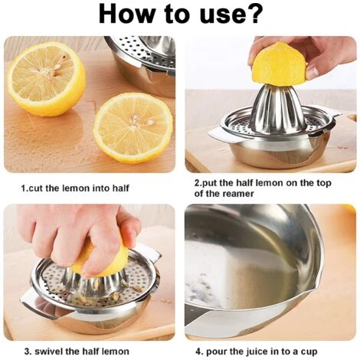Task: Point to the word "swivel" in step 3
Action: (x=48, y=352)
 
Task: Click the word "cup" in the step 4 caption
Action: (x=309, y=352)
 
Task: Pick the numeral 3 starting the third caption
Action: (x=28, y=352)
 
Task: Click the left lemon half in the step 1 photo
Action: (x=47, y=79)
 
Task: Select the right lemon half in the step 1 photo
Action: (x=133, y=128)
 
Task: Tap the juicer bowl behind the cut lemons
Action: (x=143, y=64)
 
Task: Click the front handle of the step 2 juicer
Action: (x=224, y=135)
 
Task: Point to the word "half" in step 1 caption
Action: (x=120, y=188)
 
